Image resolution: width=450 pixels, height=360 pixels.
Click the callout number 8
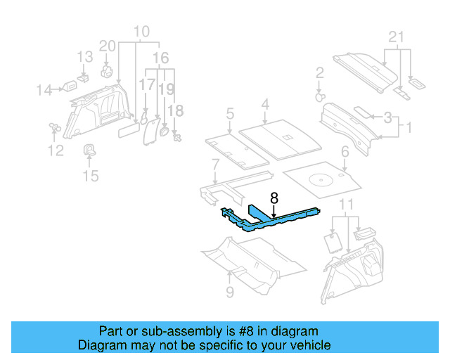pyautogui.click(x=274, y=199)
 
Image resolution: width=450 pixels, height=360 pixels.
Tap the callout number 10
pyautogui.click(x=141, y=32)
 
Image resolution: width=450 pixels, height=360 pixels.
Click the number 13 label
pyautogui.click(x=84, y=56)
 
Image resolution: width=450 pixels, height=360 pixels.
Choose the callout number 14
pyautogui.click(x=44, y=89)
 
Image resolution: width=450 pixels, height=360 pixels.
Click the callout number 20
pyautogui.click(x=107, y=46)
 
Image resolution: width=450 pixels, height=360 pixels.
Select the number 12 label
pyautogui.click(x=55, y=150)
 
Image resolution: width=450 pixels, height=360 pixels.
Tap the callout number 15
pyautogui.click(x=91, y=175)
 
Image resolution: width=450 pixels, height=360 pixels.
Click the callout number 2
pyautogui.click(x=319, y=72)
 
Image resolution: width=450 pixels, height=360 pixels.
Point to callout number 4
pyautogui.click(x=265, y=105)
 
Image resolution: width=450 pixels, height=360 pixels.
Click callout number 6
pyautogui.click(x=345, y=152)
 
